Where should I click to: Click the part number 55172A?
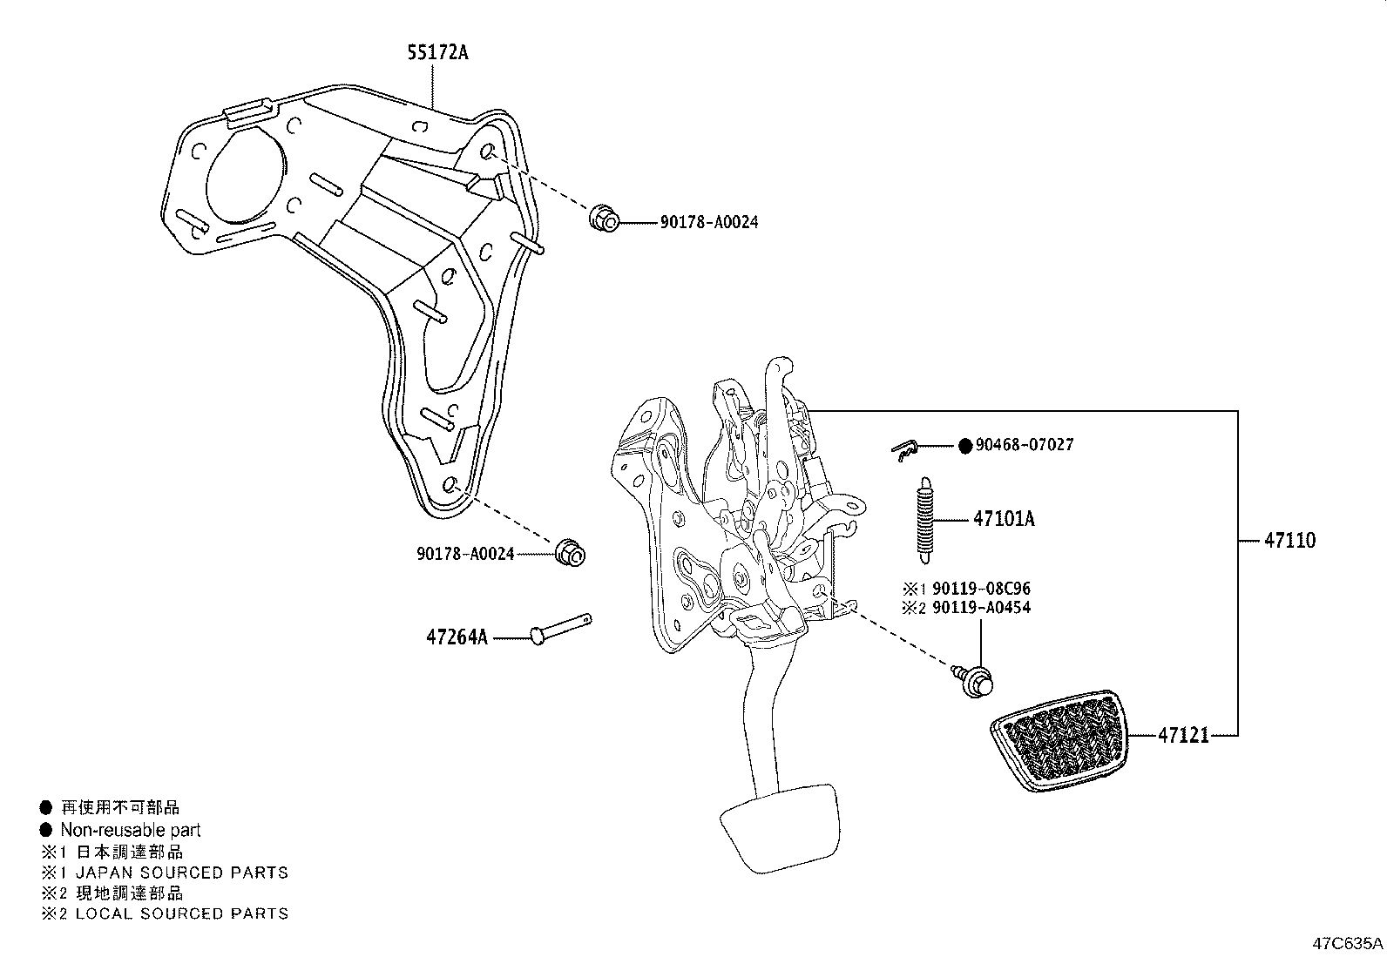click(x=437, y=53)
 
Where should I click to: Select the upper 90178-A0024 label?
click(x=708, y=223)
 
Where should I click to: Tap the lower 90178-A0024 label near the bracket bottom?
click(x=465, y=554)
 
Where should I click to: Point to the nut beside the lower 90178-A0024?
click(x=570, y=551)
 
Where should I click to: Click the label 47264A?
click(x=457, y=637)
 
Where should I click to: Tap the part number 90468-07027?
click(x=1025, y=445)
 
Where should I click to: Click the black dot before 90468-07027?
click(x=964, y=446)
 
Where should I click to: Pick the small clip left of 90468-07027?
click(x=906, y=448)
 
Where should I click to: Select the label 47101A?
click(x=1004, y=520)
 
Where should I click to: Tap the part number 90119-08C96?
click(x=981, y=590)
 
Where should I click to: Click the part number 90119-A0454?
click(x=981, y=608)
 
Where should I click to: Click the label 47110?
click(x=1289, y=541)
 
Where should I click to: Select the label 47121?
click(x=1183, y=736)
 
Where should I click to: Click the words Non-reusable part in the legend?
click(x=130, y=831)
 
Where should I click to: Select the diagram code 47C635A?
click(x=1348, y=943)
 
